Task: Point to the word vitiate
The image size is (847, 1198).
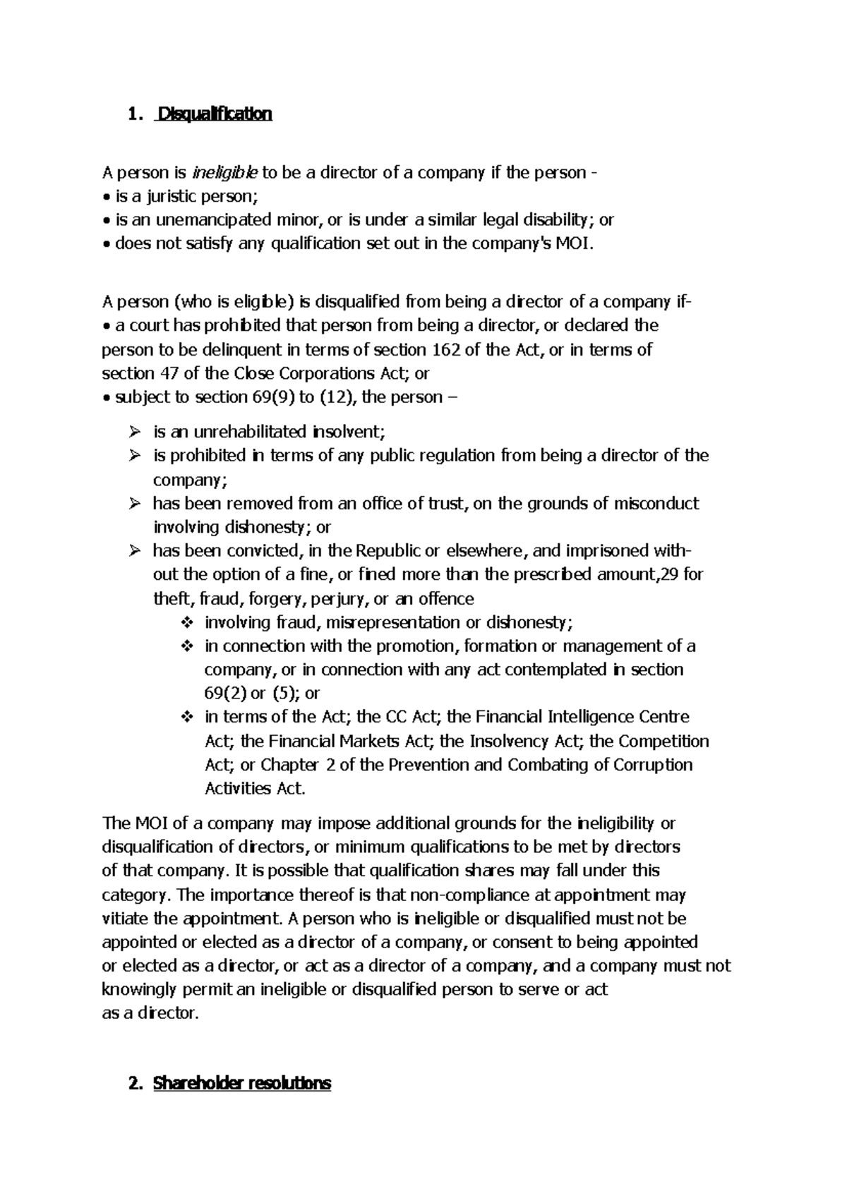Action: pyautogui.click(x=126, y=919)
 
